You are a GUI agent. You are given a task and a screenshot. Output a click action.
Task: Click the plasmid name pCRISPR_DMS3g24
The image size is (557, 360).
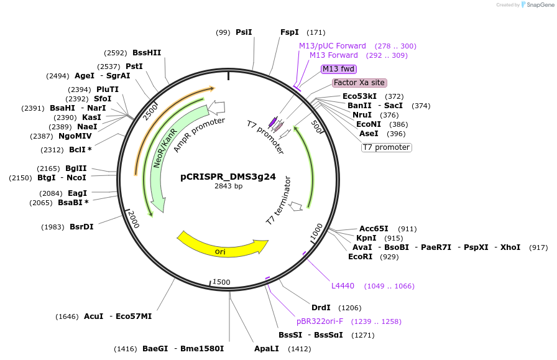[228, 176]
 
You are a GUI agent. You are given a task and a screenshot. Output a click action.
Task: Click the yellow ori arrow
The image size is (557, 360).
[221, 247]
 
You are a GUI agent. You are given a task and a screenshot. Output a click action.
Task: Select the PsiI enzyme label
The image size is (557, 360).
[244, 32]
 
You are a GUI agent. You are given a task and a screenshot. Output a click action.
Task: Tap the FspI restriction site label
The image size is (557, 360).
[290, 32]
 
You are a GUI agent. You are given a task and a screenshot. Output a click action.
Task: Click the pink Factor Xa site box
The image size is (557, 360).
[359, 83]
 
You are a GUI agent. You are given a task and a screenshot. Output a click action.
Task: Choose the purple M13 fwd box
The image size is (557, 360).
[338, 69]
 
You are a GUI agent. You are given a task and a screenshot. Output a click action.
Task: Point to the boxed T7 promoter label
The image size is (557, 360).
[386, 147]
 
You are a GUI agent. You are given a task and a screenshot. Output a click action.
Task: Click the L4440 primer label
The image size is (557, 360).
[343, 286]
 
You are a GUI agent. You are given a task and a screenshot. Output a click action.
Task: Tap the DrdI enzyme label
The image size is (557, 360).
[321, 308]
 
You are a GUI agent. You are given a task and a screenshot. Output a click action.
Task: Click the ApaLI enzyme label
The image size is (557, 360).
[265, 349]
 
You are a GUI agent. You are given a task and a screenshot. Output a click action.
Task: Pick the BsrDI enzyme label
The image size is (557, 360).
[81, 226]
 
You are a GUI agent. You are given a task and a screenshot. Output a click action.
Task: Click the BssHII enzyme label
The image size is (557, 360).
[147, 53]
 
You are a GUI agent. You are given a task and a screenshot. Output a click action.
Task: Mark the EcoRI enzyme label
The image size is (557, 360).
[361, 257]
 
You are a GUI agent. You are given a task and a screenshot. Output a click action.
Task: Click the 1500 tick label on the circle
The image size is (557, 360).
[221, 282]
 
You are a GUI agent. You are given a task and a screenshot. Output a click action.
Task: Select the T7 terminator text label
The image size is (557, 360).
[278, 201]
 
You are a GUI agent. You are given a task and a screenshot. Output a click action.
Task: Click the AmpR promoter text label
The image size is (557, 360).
[199, 134]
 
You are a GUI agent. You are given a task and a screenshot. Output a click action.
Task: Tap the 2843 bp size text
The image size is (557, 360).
[228, 186]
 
